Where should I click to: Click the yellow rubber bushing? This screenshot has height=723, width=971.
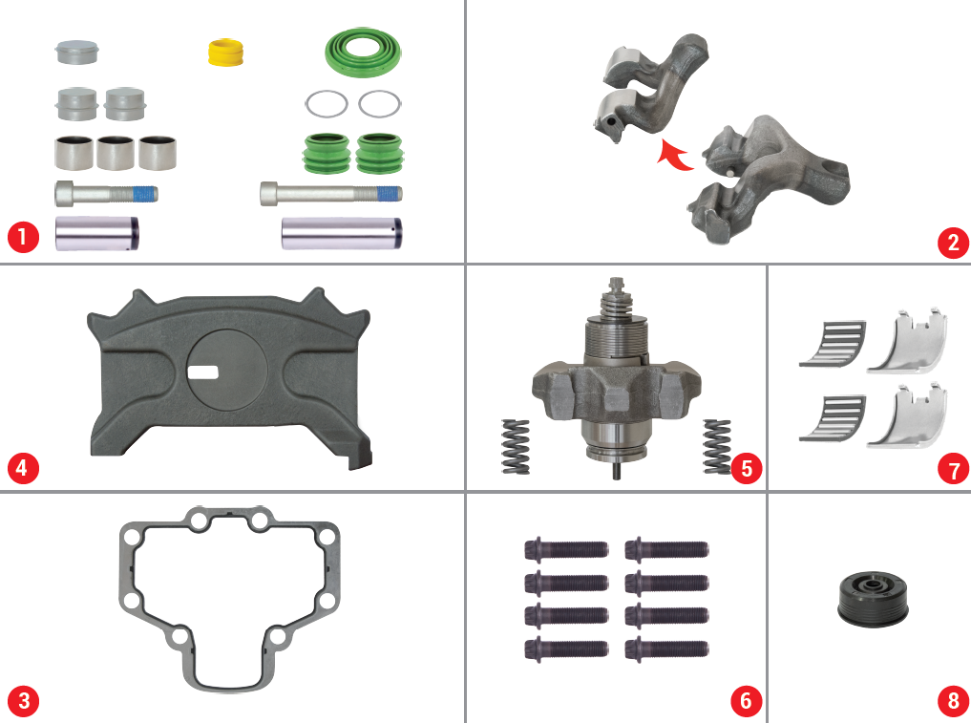(225, 52)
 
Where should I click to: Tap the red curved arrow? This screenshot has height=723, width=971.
(673, 156)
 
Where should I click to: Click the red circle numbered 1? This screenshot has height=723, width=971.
(23, 237)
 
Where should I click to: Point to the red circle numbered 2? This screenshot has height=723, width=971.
(953, 243)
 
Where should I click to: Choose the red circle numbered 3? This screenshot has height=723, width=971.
(24, 701)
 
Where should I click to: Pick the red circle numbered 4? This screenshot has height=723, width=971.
(23, 468)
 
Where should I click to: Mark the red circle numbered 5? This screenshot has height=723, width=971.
(747, 468)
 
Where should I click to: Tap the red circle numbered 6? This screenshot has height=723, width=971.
(747, 701)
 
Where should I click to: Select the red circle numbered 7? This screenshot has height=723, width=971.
(954, 469)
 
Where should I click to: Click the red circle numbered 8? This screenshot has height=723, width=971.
(954, 701)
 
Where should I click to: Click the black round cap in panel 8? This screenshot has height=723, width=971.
(874, 599)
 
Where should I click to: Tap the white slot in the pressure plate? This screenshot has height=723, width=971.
(203, 372)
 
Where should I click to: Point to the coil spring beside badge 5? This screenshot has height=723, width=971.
(716, 446)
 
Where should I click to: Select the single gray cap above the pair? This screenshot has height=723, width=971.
(76, 52)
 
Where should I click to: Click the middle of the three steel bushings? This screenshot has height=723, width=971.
(116, 153)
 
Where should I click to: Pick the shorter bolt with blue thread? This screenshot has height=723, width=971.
(107, 194)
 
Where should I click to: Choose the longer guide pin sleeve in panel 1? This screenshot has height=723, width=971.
(342, 233)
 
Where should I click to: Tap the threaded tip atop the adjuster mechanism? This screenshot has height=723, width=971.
(616, 285)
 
